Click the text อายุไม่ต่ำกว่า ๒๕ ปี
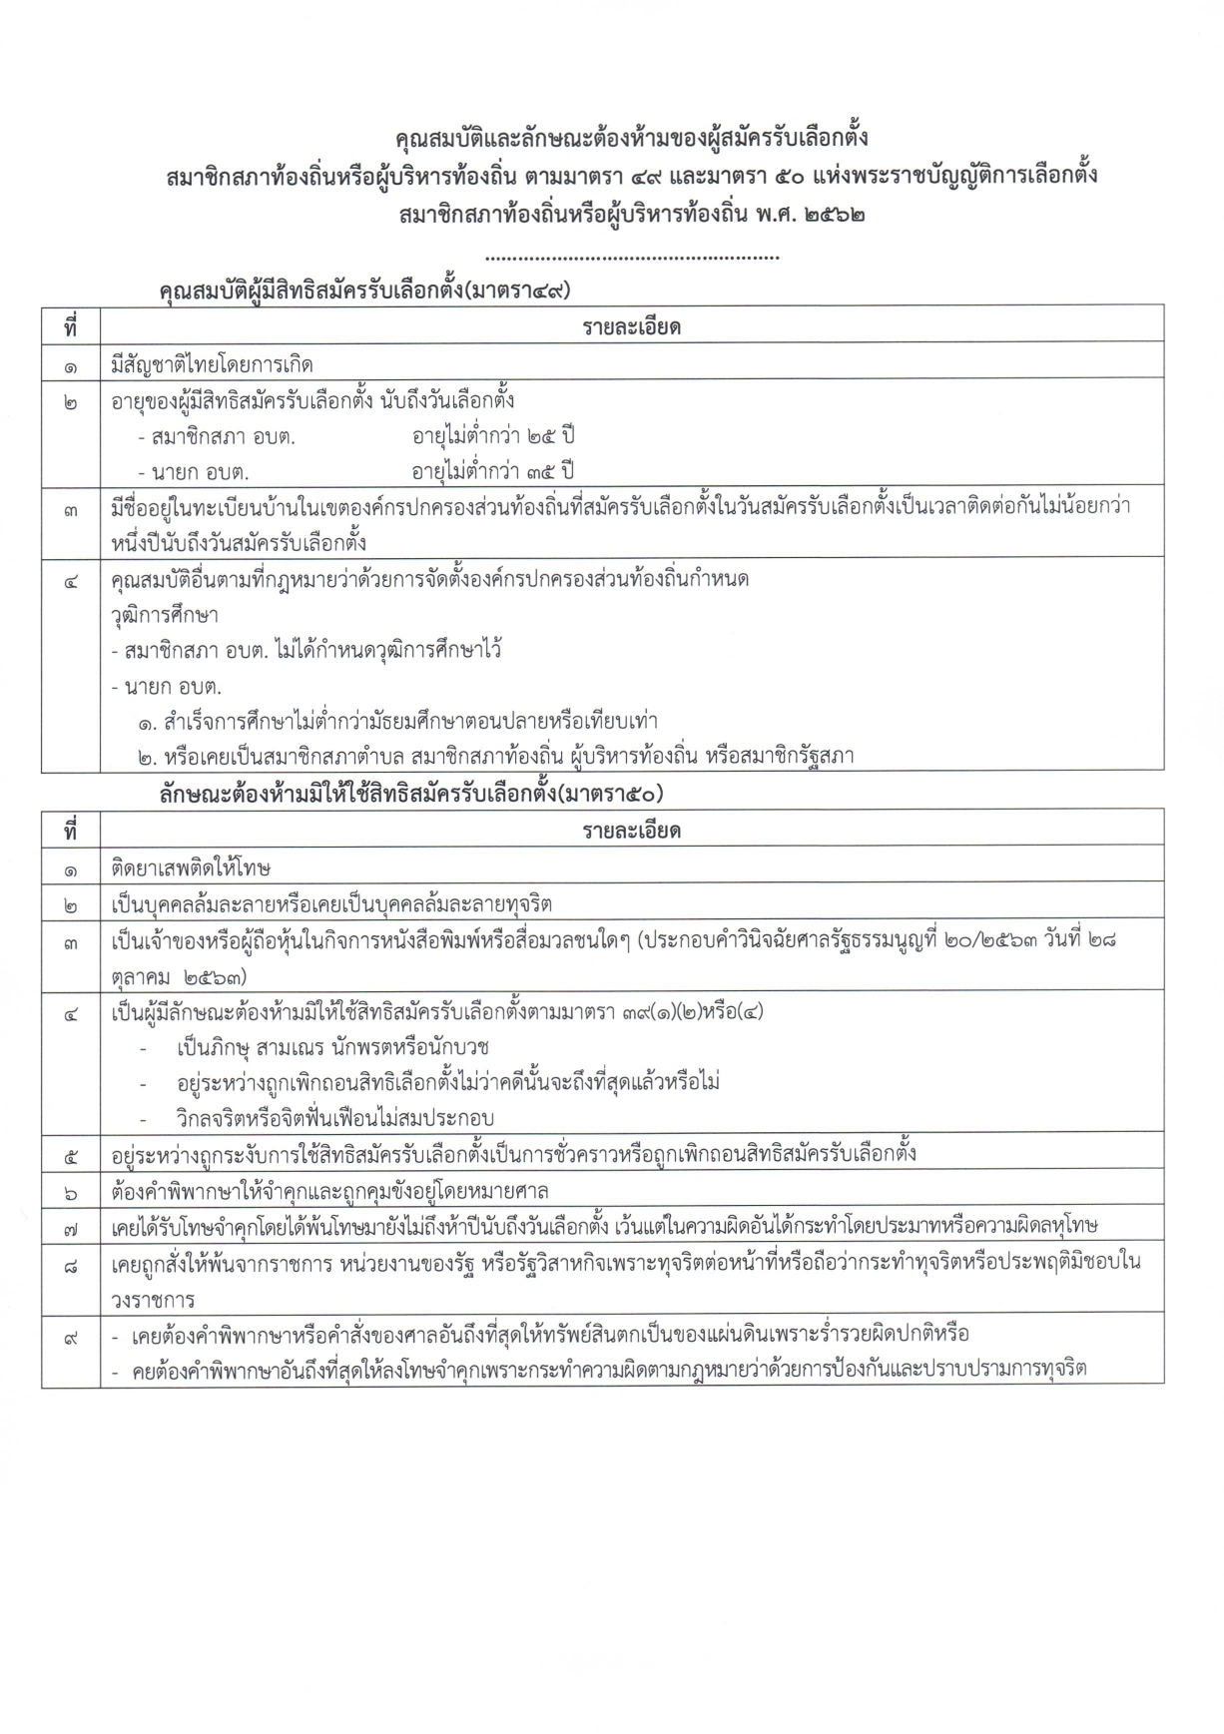click(x=494, y=436)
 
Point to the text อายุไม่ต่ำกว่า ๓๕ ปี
click(x=494, y=470)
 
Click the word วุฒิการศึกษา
click(x=165, y=615)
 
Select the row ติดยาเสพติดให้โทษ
click(x=192, y=868)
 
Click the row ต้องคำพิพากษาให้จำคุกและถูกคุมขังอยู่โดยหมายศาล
click(x=329, y=1191)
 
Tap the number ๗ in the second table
click(x=71, y=1227)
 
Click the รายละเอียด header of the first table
click(x=631, y=326)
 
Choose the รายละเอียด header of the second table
click(x=631, y=831)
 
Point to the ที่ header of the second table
click(x=71, y=831)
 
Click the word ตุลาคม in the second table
click(x=140, y=975)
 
